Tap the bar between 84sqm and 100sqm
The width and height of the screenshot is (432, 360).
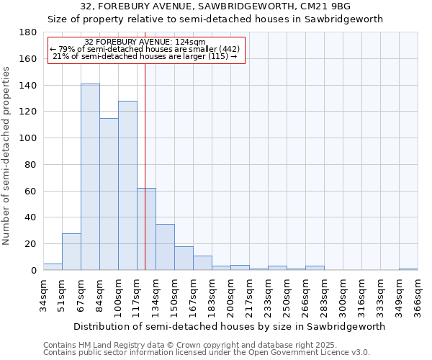(x=109, y=194)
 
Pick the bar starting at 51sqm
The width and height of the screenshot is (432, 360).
(x=71, y=252)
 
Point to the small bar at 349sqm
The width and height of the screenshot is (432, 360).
(x=408, y=269)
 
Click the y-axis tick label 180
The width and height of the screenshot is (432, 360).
(x=28, y=32)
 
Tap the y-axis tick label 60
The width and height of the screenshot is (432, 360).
(x=31, y=191)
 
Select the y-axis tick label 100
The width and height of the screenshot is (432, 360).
(x=28, y=138)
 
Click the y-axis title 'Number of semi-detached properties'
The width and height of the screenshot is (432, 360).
(x=6, y=155)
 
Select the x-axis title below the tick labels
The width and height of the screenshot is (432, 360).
(x=229, y=326)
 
